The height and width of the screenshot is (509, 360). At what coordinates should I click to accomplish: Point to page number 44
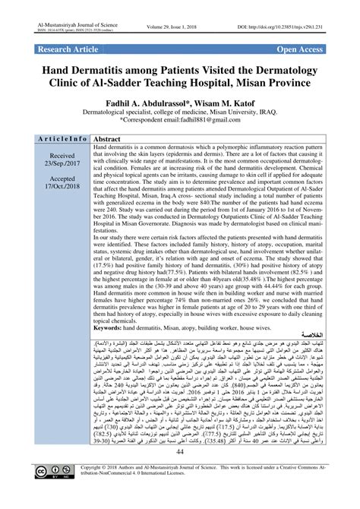(x=179, y=474)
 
